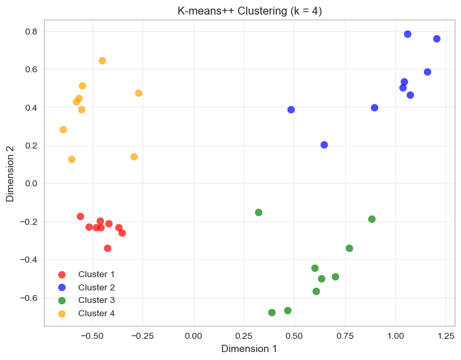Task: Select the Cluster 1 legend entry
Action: coord(96,274)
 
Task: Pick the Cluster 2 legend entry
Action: coord(96,287)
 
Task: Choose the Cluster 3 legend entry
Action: coord(96,300)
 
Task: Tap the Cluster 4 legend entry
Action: coord(96,313)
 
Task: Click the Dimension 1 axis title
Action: coord(249,349)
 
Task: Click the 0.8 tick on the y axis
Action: coord(30,32)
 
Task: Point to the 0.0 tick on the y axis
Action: coord(30,184)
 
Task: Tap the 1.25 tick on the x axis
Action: coord(446,335)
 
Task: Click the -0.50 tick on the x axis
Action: coord(91,335)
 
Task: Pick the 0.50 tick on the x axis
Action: coord(294,335)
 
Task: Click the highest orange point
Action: coord(102,60)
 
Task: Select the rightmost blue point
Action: coord(436,38)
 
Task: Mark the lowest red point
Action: coord(107,248)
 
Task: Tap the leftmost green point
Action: coord(258,212)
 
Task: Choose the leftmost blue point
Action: coord(291,109)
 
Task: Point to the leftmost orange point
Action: coord(63,129)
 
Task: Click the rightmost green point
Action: coord(372,219)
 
